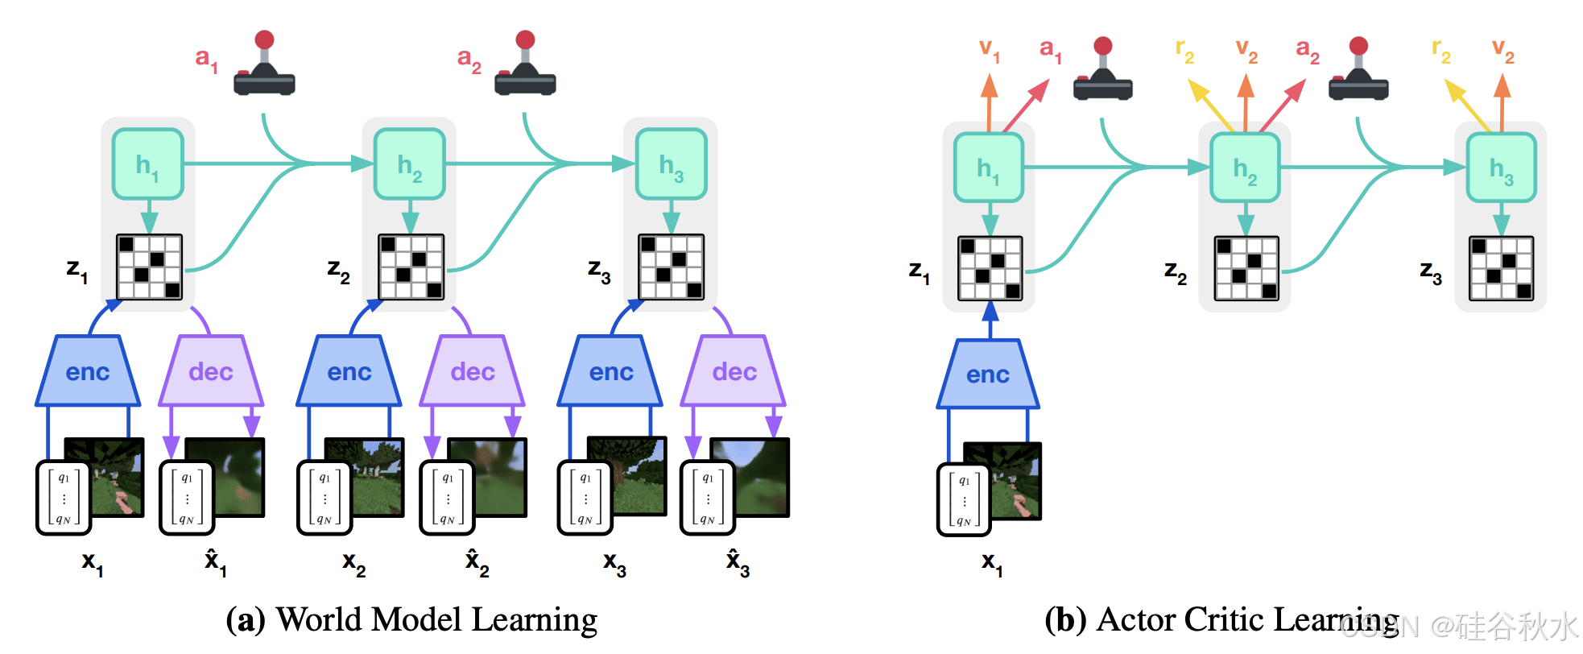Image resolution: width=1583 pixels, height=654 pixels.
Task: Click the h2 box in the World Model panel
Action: point(409,163)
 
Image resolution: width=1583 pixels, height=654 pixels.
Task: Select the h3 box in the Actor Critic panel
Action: point(1501,168)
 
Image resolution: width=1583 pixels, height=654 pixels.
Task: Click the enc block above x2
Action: point(349,371)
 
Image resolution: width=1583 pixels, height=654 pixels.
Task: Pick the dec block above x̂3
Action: point(734,371)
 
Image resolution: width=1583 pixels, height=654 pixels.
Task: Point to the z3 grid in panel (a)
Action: point(671,267)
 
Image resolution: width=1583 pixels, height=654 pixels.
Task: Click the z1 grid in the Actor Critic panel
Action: point(990,268)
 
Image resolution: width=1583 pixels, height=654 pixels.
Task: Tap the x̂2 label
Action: point(477,561)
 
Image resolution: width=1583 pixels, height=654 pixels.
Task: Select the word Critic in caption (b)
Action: point(1225,619)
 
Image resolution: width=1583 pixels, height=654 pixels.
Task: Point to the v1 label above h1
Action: point(989,51)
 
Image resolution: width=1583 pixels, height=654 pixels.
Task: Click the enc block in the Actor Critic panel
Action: point(988,375)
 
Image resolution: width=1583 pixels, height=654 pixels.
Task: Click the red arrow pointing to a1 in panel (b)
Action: point(1027,105)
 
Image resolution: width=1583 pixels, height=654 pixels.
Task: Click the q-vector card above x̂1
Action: point(187,498)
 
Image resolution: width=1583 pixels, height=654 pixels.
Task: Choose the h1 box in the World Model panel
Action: point(147,163)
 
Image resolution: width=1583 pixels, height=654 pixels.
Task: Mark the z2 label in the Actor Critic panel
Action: point(1175,272)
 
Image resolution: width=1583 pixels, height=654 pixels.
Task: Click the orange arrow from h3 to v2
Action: point(1502,103)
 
